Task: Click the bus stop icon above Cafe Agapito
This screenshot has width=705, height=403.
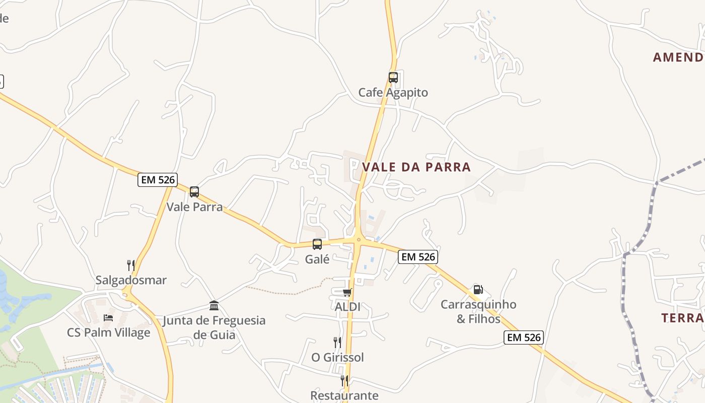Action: (393, 78)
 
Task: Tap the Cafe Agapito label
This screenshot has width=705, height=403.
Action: (393, 93)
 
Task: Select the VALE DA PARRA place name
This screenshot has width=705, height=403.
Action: (416, 167)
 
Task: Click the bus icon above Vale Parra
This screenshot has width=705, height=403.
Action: (194, 192)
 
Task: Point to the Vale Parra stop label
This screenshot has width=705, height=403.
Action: (194, 207)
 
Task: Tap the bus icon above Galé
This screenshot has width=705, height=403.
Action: (317, 244)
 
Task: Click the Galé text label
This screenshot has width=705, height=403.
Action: (317, 259)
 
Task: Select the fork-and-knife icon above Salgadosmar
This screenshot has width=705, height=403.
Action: (131, 265)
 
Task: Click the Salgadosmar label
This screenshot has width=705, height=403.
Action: (131, 280)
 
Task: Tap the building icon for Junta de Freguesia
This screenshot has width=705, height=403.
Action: (214, 306)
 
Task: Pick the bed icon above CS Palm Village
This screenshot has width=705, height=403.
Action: (108, 318)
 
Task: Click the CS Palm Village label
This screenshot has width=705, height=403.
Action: (108, 332)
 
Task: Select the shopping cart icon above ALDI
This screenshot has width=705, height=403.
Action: (347, 292)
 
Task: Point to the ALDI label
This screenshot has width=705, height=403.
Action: (347, 307)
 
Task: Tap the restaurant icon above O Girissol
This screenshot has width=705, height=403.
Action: (337, 343)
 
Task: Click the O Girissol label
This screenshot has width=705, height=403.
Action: (337, 357)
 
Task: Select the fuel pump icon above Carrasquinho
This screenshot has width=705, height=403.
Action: (478, 290)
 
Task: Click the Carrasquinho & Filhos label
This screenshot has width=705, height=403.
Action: (478, 311)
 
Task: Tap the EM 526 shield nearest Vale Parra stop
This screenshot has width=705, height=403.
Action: (157, 180)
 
